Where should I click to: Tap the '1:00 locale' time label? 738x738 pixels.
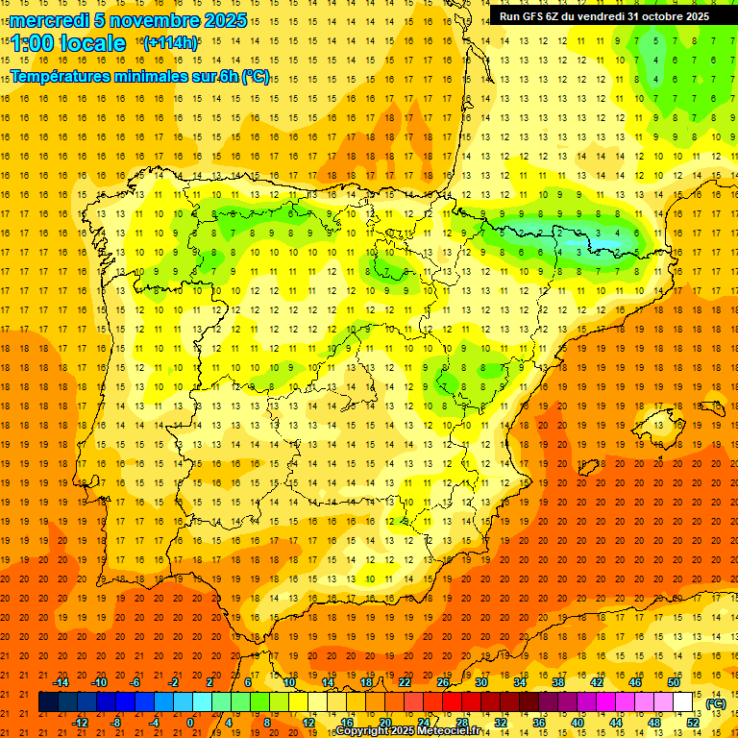point(68,43)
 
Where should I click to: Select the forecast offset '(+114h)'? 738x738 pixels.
point(170,42)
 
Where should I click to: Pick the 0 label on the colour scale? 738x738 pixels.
point(190,722)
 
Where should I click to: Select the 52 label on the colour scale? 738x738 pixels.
point(693,722)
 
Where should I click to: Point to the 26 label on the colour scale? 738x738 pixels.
point(443,682)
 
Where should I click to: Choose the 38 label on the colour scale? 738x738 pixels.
point(558,682)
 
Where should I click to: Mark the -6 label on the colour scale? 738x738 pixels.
point(135,682)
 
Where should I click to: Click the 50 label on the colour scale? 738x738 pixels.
point(674,682)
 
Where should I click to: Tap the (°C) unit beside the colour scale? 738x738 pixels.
point(716,703)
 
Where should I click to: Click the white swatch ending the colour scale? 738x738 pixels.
point(683,702)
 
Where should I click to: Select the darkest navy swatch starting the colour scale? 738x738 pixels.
point(48,702)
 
